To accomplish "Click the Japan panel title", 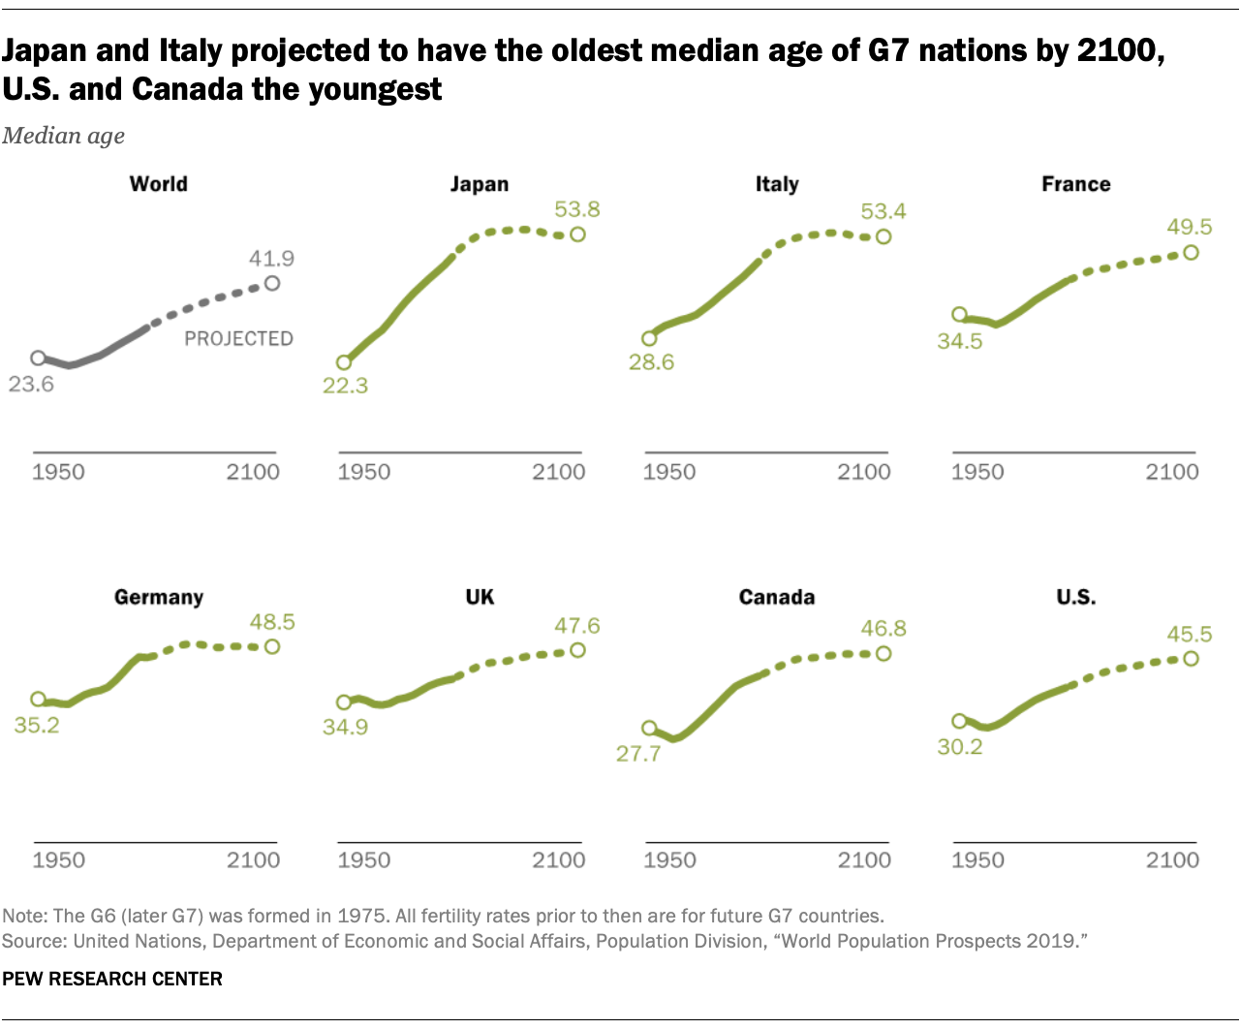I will pyautogui.click(x=479, y=184).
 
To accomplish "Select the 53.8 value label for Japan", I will pyautogui.click(x=577, y=209).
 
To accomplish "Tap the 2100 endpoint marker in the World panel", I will pyautogui.click(x=272, y=283).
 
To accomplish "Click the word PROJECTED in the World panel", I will pyautogui.click(x=238, y=338).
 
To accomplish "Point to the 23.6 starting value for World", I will pyautogui.click(x=31, y=385).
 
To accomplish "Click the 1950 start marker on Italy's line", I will pyautogui.click(x=649, y=338).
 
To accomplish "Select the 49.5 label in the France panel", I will pyautogui.click(x=1190, y=227).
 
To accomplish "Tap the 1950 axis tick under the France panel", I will pyautogui.click(x=977, y=472).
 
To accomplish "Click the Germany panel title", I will pyautogui.click(x=159, y=597).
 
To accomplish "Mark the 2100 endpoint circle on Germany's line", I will pyautogui.click(x=272, y=646).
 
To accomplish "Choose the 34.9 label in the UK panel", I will pyautogui.click(x=345, y=727).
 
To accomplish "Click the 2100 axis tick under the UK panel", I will pyautogui.click(x=559, y=860).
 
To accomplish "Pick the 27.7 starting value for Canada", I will pyautogui.click(x=638, y=754).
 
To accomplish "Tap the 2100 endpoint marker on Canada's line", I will pyautogui.click(x=883, y=654).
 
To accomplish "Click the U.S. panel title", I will pyautogui.click(x=1076, y=597).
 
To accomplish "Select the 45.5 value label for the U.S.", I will pyautogui.click(x=1190, y=635).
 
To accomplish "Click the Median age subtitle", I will pyautogui.click(x=64, y=136).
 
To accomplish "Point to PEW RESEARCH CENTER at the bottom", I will pyautogui.click(x=112, y=979).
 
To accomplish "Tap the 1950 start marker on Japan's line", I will pyautogui.click(x=344, y=362).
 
